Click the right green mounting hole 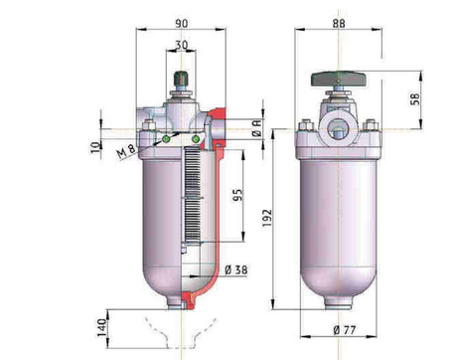tap(197, 139)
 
